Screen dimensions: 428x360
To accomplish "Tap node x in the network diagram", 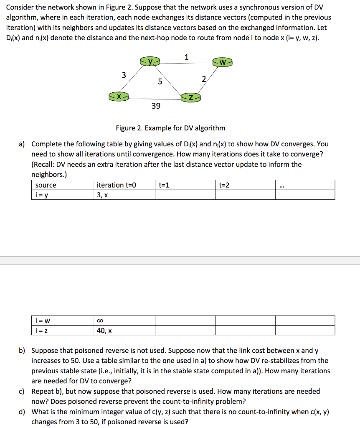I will pyautogui.click(x=119, y=97).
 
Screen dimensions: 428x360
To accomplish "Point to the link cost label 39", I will pyautogui.click(x=155, y=106).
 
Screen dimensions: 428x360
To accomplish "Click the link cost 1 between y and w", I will pyautogui.click(x=186, y=57).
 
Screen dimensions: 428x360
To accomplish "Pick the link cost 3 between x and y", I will pyautogui.click(x=123, y=75).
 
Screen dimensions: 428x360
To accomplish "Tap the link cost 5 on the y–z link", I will pyautogui.click(x=160, y=82).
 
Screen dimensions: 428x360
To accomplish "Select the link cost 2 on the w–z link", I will pyautogui.click(x=203, y=79).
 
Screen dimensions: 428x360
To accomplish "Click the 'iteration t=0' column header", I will pyautogui.click(x=116, y=185).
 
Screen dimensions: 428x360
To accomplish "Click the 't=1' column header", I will pyautogui.click(x=164, y=185).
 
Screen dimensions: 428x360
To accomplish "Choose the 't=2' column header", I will pyautogui.click(x=224, y=185).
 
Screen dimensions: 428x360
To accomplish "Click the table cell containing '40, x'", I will pyautogui.click(x=104, y=331).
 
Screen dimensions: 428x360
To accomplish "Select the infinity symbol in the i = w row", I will pyautogui.click(x=99, y=321).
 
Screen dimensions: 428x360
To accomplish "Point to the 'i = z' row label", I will pyautogui.click(x=43, y=331).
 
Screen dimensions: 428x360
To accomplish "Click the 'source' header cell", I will pyautogui.click(x=46, y=185).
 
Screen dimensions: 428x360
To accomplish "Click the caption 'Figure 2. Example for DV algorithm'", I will pyautogui.click(x=170, y=128).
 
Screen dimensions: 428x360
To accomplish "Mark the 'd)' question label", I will pyautogui.click(x=23, y=412).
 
